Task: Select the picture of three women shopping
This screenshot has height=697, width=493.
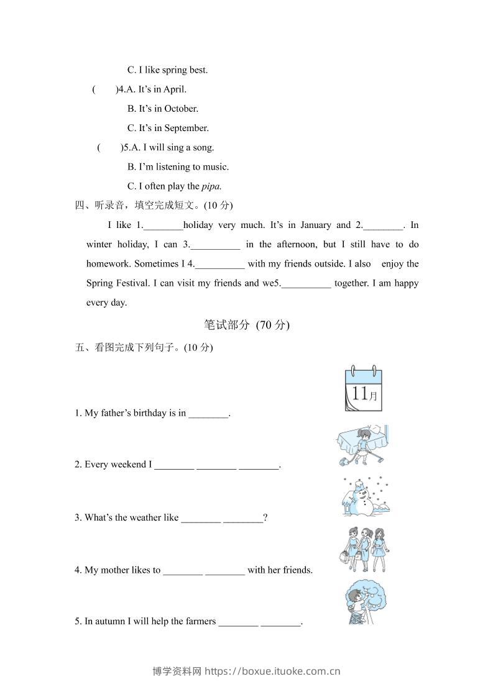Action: click(365, 549)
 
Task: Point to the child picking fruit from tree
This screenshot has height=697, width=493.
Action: click(363, 602)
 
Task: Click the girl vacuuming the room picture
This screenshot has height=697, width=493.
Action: click(361, 445)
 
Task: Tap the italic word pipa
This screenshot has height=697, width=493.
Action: click(212, 186)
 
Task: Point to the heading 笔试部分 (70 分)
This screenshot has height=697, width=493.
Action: click(247, 324)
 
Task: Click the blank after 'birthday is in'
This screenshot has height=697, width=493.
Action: click(208, 413)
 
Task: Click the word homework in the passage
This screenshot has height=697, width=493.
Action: click(108, 264)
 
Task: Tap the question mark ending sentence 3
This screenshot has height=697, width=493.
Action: click(265, 517)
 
